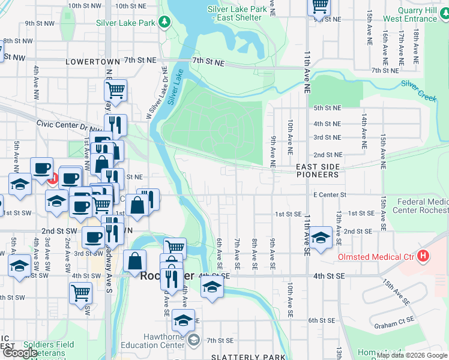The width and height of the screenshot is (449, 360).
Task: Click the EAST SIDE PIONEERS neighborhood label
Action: (x=318, y=170)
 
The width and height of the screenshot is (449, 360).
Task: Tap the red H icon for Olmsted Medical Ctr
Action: (x=424, y=257)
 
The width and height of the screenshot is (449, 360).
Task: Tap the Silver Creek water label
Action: (x=418, y=91)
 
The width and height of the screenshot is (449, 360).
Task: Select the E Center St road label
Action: (x=329, y=194)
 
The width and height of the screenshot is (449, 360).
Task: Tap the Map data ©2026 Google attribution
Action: (x=412, y=356)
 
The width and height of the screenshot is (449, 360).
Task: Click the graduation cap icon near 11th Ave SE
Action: (x=321, y=236)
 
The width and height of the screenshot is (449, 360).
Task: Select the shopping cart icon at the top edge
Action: (x=319, y=6)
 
